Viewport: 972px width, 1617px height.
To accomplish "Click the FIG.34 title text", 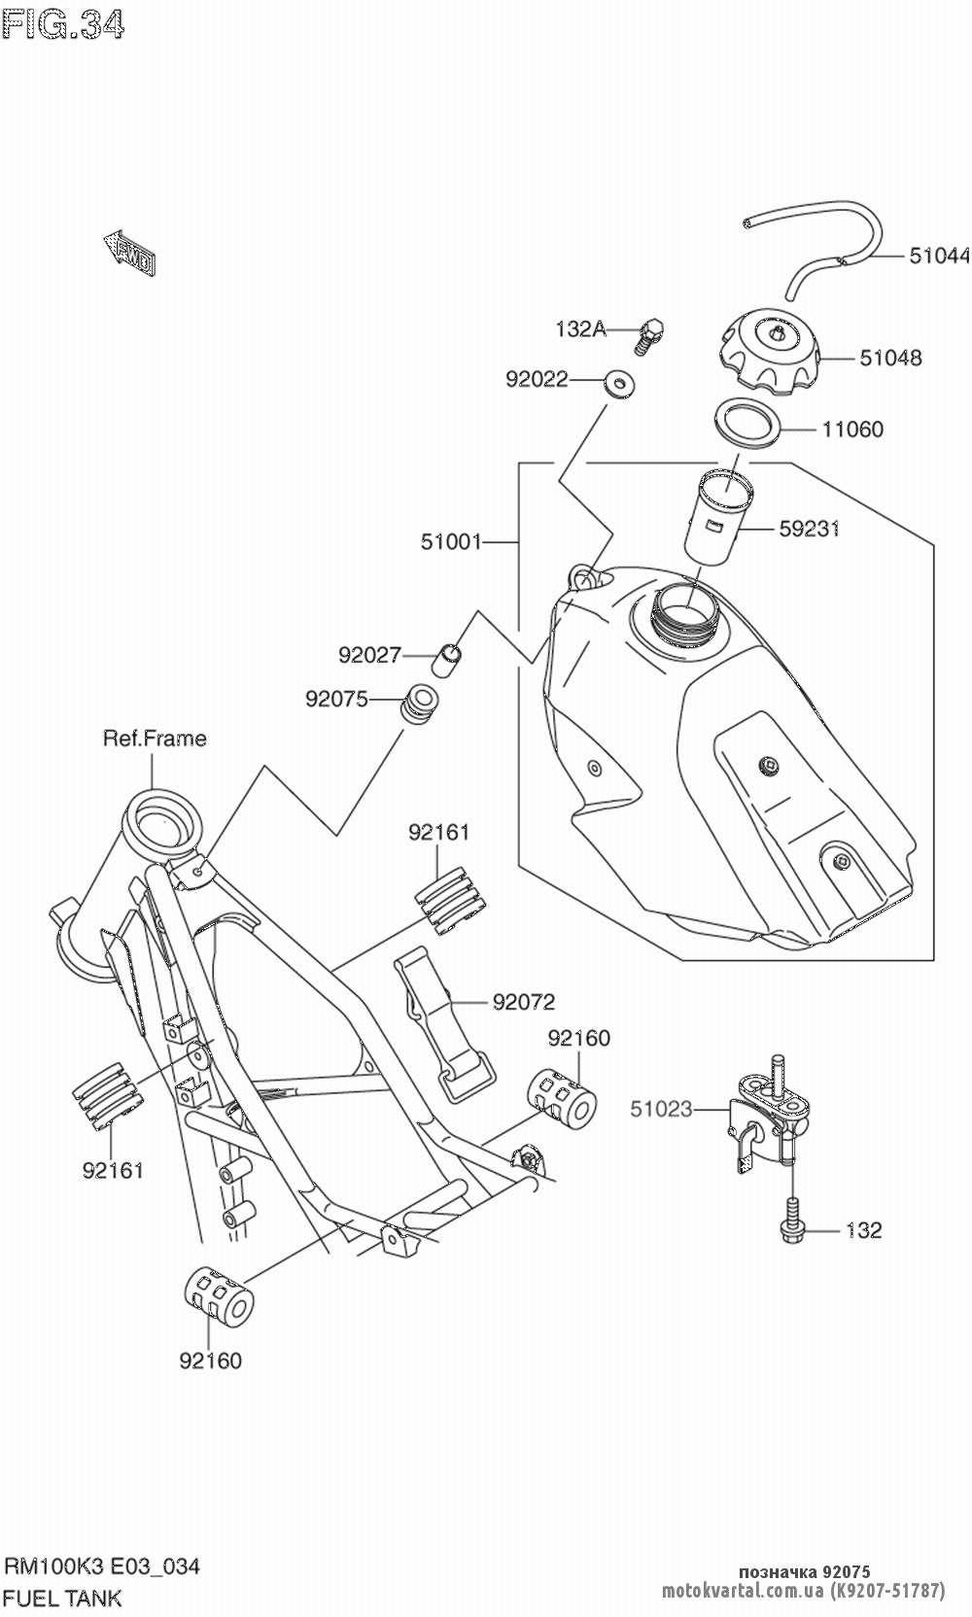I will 64,25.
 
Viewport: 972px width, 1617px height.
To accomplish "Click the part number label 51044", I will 939,256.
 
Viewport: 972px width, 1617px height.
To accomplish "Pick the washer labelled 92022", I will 617,382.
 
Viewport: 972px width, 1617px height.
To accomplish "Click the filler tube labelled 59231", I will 717,520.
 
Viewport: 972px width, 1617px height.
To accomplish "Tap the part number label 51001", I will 451,541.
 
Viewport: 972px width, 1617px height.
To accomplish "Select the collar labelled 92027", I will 444,658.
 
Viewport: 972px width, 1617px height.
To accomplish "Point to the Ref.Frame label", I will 155,739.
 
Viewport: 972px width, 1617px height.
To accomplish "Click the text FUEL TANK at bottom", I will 64,1597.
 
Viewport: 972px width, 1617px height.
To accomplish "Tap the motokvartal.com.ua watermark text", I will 743,1591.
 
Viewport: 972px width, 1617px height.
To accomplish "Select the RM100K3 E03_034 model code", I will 103,1566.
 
